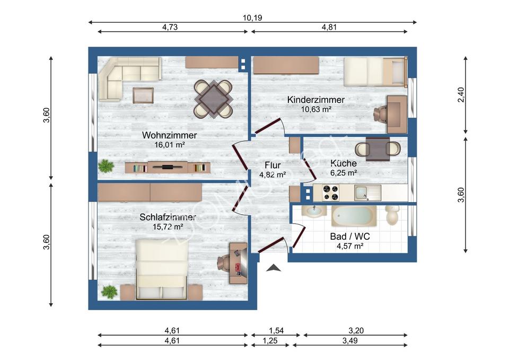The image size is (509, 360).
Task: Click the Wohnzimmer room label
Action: [169, 135]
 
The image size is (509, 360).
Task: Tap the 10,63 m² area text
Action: [316, 109]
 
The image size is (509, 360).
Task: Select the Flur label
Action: [273, 165]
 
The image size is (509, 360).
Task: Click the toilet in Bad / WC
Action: [392, 215]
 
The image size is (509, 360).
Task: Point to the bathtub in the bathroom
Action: [354, 215]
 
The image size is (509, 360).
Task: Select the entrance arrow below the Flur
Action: [274, 268]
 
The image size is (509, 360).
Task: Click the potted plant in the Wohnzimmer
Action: [106, 166]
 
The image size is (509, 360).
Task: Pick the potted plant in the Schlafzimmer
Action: [109, 291]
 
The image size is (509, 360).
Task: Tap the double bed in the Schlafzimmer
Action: [161, 269]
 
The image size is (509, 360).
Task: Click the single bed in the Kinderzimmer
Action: [375, 72]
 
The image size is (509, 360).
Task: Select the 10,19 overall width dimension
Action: [252, 17]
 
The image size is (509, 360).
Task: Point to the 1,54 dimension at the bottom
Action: [276, 331]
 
